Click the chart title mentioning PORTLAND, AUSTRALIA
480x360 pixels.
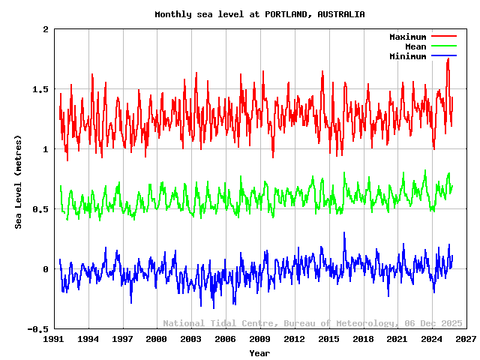click(259, 14)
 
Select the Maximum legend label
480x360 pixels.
click(407, 37)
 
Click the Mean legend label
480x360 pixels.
click(415, 46)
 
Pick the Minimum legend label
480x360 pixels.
click(407, 56)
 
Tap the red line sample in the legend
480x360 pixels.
click(444, 37)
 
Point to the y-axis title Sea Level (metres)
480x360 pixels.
click(19, 181)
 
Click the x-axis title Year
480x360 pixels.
click(259, 352)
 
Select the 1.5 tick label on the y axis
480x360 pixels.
click(40, 89)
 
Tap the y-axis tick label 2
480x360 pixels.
click(46, 29)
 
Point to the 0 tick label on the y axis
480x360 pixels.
click(46, 269)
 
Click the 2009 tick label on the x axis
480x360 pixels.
click(260, 339)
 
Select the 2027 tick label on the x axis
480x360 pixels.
click(466, 339)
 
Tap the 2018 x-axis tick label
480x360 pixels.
click(363, 339)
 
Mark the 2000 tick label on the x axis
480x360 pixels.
click(157, 339)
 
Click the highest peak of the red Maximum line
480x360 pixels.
click(448, 58)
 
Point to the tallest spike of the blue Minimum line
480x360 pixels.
click(344, 232)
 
